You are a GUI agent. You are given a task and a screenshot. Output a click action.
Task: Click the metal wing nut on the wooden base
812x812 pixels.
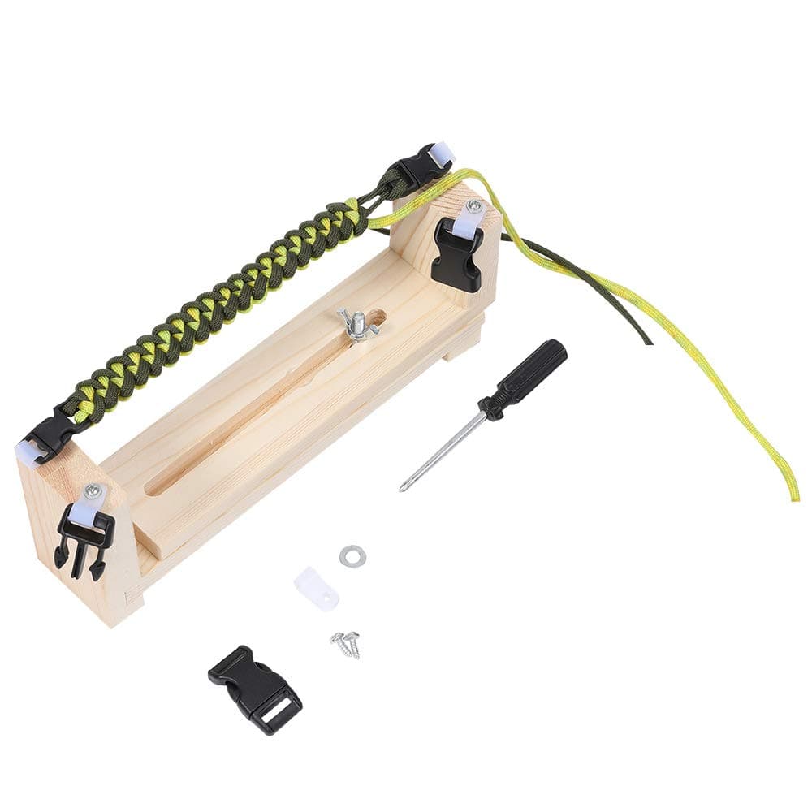[355, 324]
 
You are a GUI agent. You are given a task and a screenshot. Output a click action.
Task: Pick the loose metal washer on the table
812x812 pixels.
[352, 556]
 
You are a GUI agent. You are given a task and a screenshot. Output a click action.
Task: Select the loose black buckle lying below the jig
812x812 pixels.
[254, 689]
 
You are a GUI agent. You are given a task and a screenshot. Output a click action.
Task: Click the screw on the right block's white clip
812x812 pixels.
[473, 207]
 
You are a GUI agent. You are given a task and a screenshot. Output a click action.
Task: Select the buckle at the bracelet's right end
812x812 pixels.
[419, 167]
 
